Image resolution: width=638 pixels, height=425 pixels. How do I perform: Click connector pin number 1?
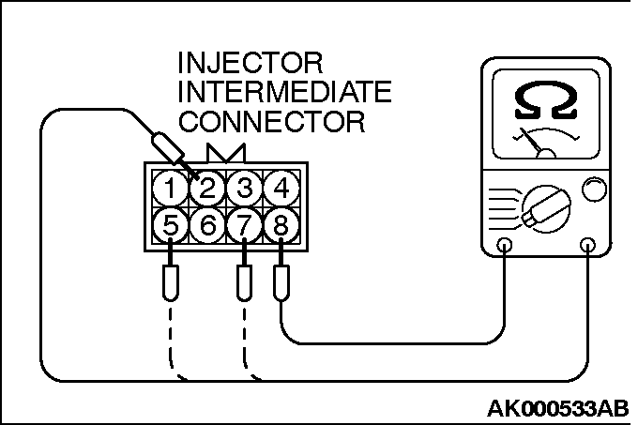[x=170, y=189]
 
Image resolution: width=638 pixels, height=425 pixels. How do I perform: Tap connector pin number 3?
[x=244, y=189]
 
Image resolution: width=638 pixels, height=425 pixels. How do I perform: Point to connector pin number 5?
[x=170, y=225]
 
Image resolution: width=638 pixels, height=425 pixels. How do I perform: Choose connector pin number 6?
[x=207, y=225]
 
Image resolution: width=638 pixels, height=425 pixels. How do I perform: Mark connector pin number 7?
[x=244, y=225]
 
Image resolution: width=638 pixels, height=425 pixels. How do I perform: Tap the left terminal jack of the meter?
[x=505, y=246]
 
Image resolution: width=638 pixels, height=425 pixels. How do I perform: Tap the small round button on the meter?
[x=594, y=190]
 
